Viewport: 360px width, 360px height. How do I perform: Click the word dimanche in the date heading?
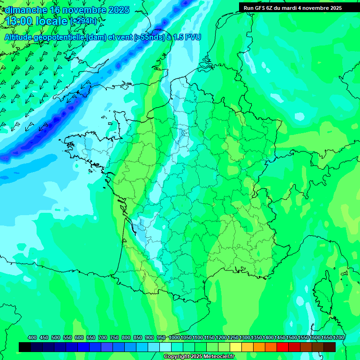click(25, 10)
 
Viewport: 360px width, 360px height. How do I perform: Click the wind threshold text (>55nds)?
click(146, 37)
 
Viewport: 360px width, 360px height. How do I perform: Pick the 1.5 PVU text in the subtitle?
click(187, 37)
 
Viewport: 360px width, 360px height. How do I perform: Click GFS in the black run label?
click(260, 8)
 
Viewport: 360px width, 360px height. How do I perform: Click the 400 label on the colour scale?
click(32, 338)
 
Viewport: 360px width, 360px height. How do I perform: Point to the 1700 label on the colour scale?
click(339, 338)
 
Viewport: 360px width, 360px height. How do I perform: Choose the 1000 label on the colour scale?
click(174, 338)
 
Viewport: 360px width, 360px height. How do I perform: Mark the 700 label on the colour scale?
click(103, 338)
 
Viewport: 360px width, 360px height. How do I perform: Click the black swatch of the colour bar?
click(25, 347)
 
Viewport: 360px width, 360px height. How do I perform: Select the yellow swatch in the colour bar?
click(236, 347)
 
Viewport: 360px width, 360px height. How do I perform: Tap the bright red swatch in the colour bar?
click(283, 347)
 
